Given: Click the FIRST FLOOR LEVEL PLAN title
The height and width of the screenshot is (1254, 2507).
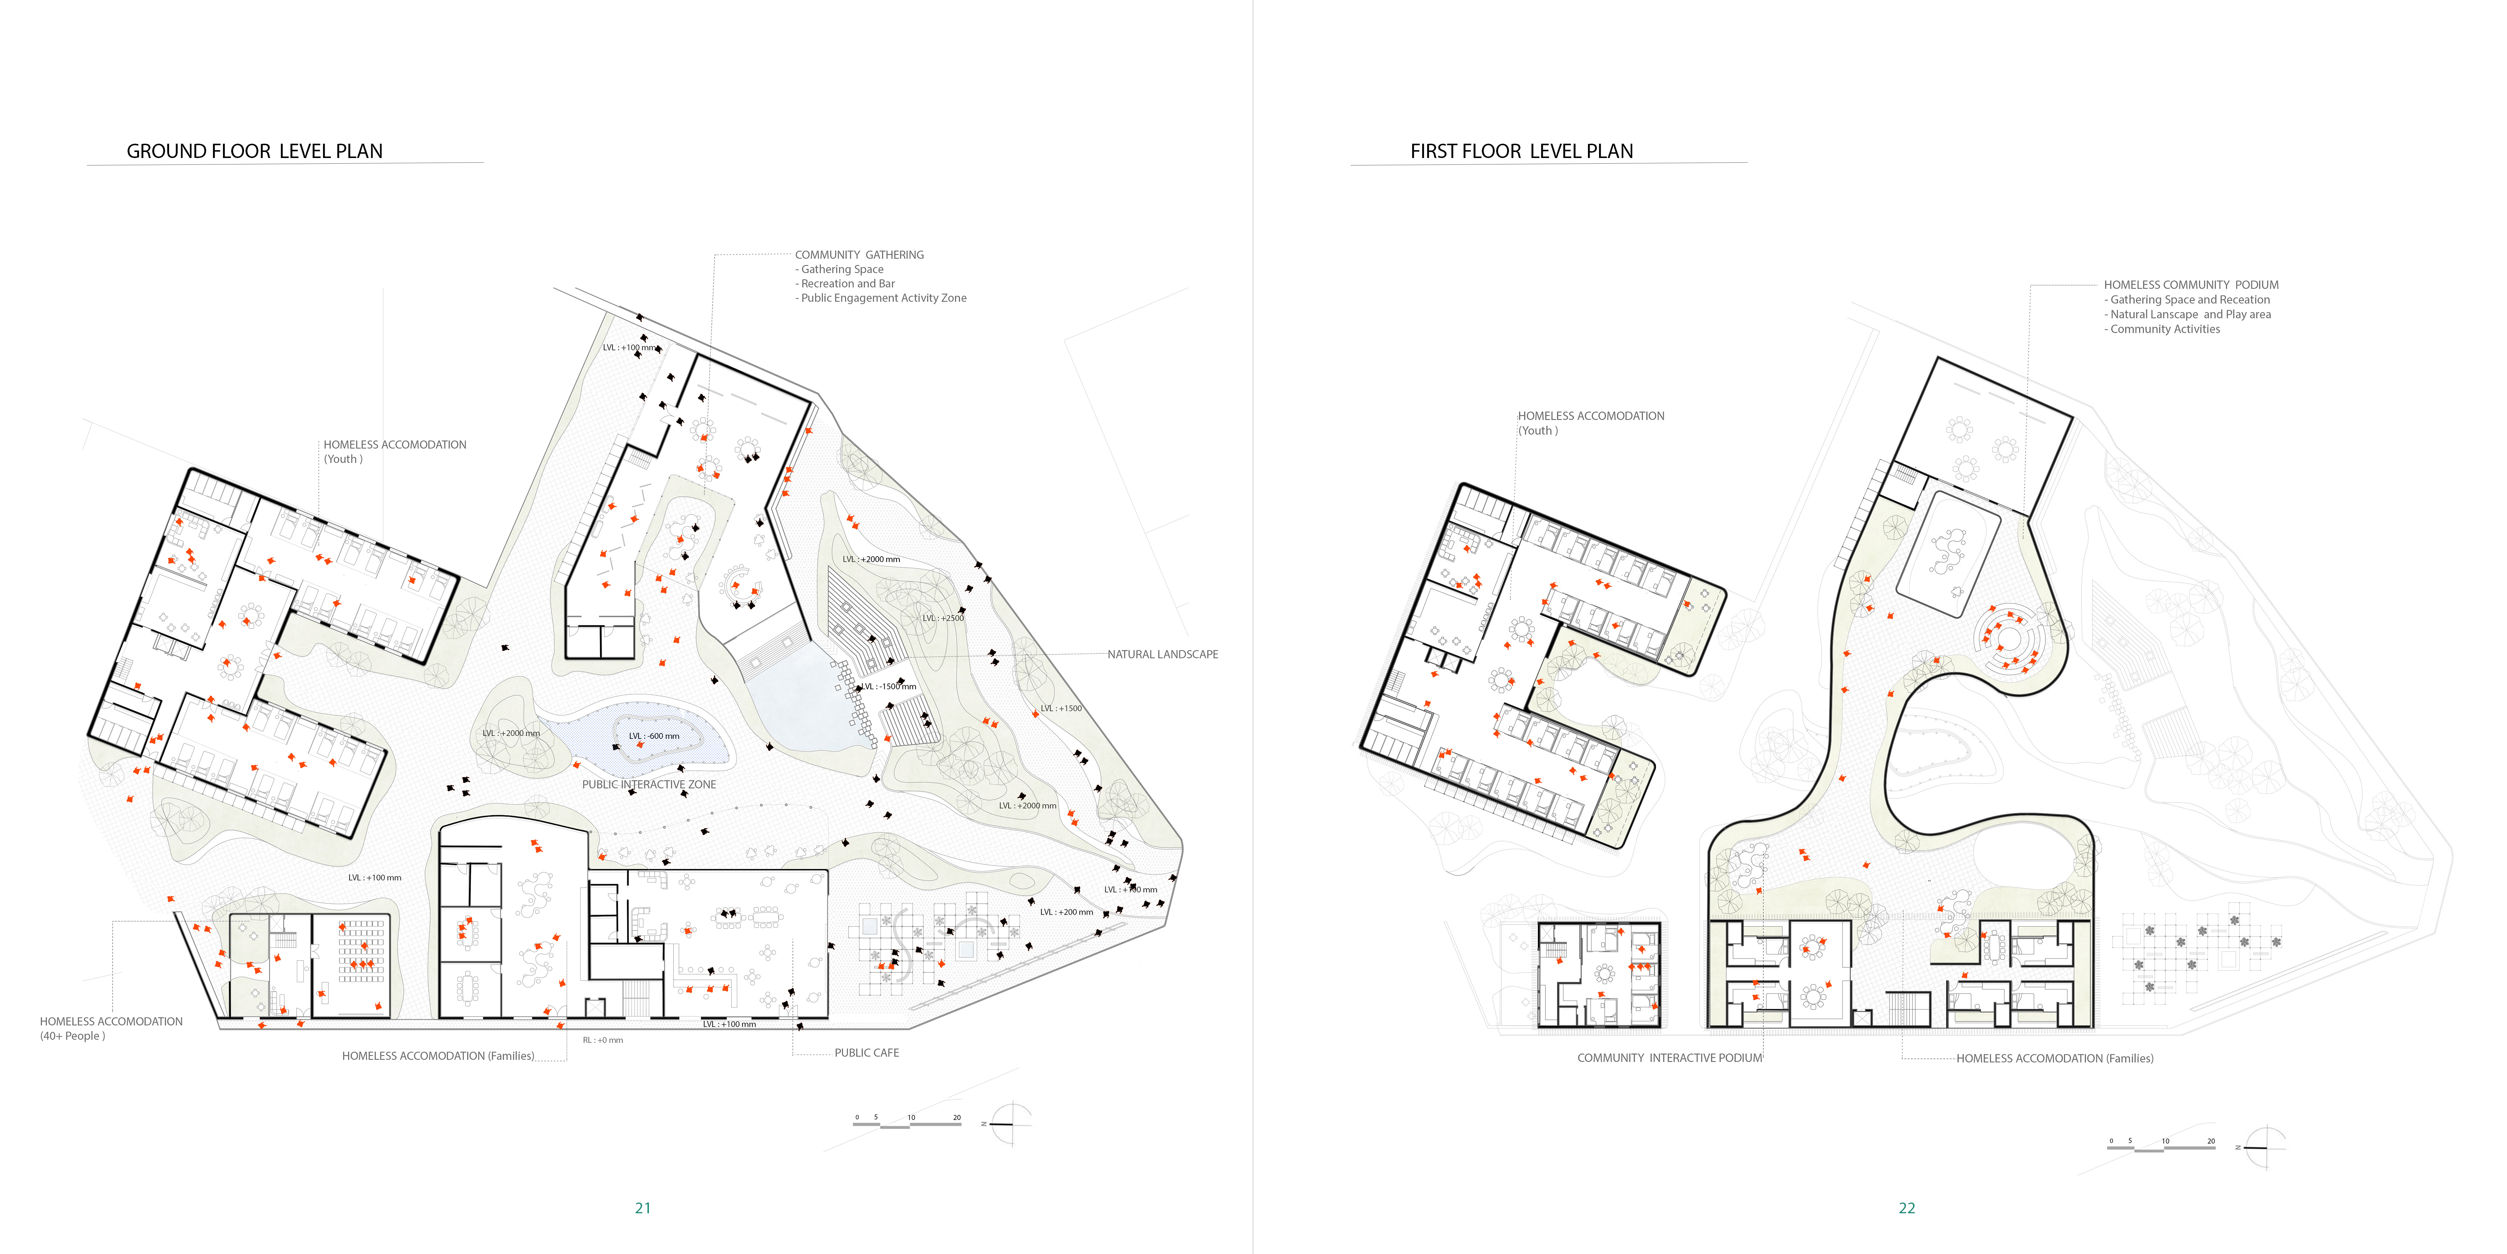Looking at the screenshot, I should [x=1521, y=151].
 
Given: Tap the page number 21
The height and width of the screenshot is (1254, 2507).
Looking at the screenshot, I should [x=642, y=1207].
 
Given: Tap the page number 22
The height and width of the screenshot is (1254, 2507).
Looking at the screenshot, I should [x=1907, y=1207].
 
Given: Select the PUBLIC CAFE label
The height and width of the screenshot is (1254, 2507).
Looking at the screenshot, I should [x=866, y=1052].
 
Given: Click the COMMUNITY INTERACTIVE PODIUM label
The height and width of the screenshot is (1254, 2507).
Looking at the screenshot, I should [x=1669, y=1057].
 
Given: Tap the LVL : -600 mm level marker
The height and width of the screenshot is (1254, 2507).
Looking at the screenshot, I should [x=654, y=736].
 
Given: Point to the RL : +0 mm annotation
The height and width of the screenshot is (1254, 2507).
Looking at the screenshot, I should [x=602, y=1040].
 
